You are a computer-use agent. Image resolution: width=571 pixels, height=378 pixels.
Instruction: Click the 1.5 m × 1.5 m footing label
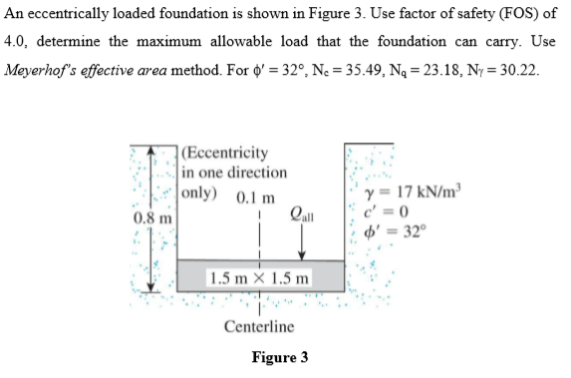click(259, 276)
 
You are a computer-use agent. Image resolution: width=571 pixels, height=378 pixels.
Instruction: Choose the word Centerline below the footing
click(259, 327)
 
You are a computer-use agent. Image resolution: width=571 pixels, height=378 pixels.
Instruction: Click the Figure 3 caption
click(280, 357)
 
